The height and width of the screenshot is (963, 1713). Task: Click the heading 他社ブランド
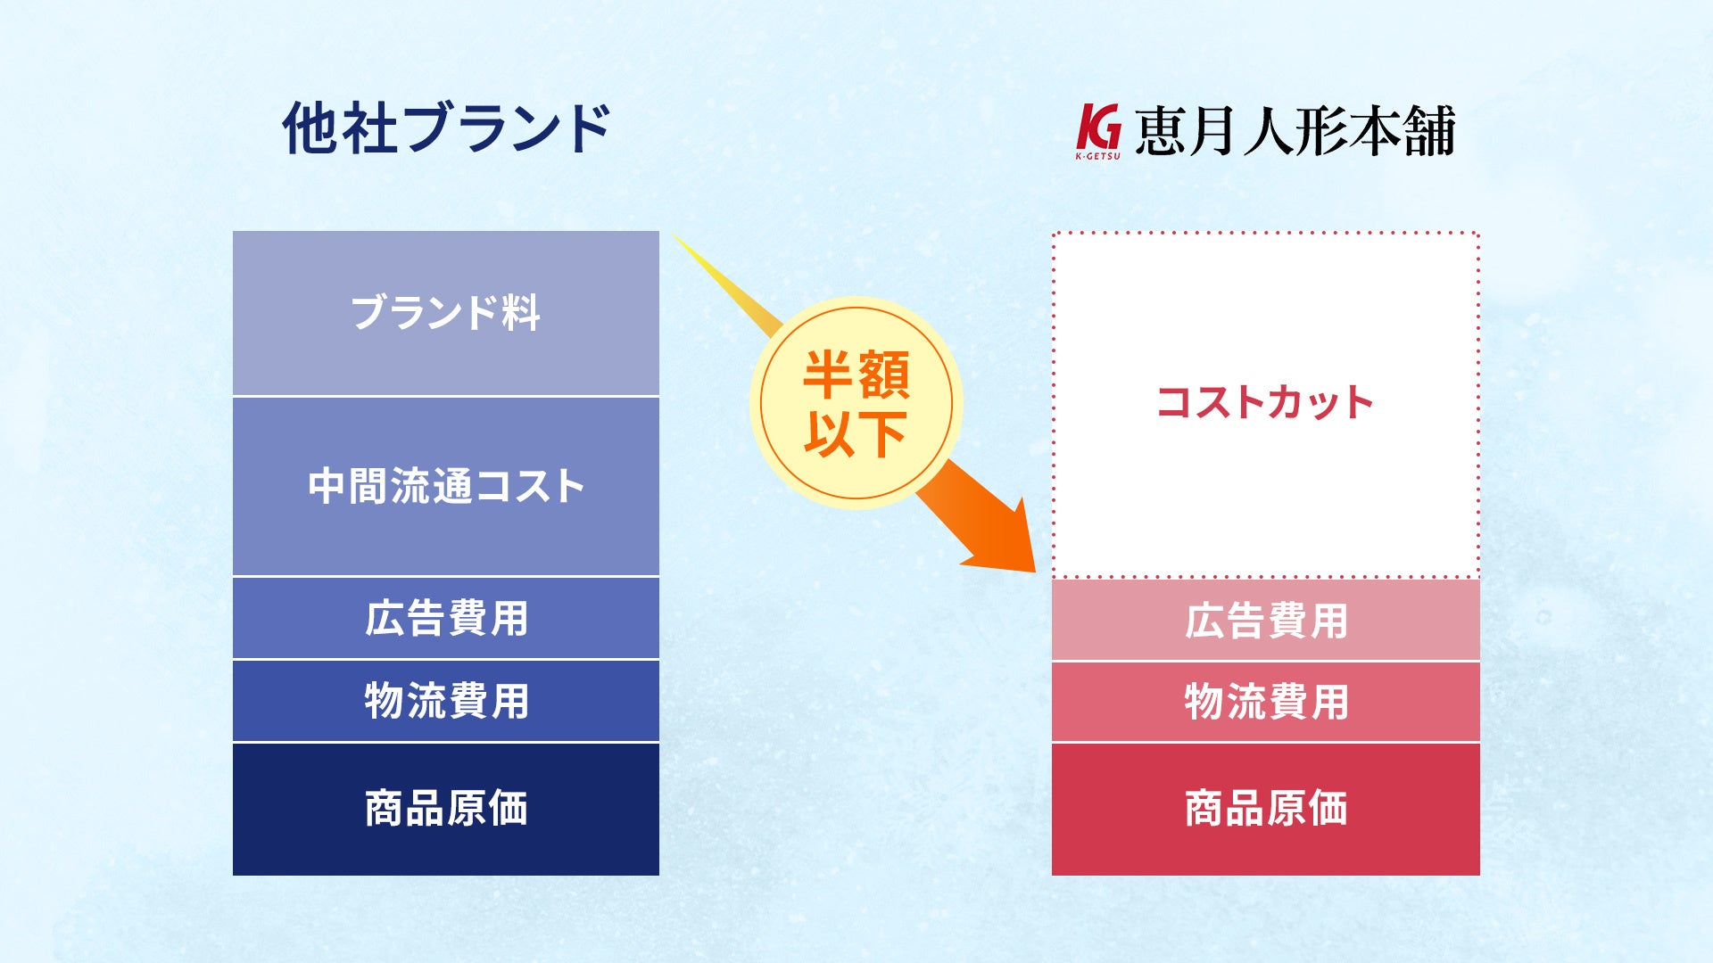pos(446,128)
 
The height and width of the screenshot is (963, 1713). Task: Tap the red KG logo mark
pos(1098,128)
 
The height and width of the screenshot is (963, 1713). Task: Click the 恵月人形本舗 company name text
pos(1295,130)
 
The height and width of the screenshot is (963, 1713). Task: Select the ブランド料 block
pos(446,313)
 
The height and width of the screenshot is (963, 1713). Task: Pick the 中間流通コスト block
pos(446,487)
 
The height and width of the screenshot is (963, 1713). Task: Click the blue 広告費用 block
pos(446,618)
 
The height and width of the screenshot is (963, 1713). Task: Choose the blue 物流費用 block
pos(446,701)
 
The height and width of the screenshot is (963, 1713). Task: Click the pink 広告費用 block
pos(1266,620)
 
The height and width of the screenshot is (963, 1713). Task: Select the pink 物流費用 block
pos(1266,702)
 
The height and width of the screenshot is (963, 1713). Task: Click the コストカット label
pos(1265,402)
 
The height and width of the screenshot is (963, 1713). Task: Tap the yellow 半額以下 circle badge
pos(856,403)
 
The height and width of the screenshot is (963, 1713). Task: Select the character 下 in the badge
pos(882,434)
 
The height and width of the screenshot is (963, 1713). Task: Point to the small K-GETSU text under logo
pos(1097,156)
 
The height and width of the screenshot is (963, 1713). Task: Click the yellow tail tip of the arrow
pos(674,236)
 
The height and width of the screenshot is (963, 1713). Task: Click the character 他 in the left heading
pos(310,128)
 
